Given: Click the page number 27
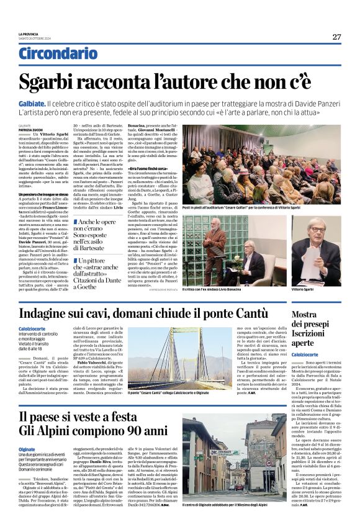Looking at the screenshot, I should [336, 37].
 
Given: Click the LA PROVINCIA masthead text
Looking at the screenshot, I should [29, 34].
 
